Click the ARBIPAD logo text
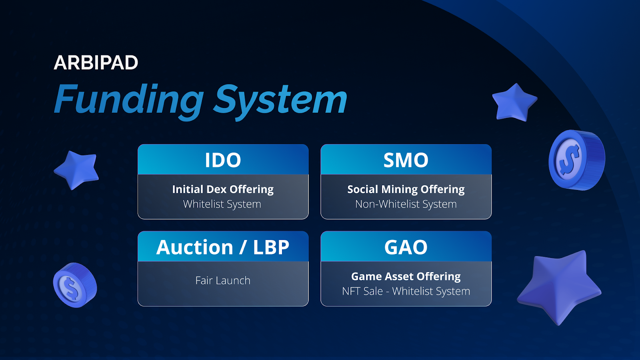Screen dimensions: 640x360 [96, 62]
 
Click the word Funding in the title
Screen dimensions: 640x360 [129, 102]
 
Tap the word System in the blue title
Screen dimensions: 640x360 [280, 102]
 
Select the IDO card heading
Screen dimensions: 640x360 [223, 160]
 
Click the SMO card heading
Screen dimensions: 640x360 [406, 160]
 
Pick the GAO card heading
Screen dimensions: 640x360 [406, 247]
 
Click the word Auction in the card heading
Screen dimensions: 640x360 [194, 247]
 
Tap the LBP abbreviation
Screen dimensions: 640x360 [271, 247]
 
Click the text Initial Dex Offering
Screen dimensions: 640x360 [223, 189]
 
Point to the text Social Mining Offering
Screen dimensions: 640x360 [406, 189]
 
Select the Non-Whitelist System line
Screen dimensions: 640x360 [406, 204]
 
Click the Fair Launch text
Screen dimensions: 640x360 [223, 280]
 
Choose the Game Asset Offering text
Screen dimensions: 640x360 [406, 276]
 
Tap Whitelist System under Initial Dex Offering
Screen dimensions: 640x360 [222, 204]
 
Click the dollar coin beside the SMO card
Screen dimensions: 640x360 [577, 160]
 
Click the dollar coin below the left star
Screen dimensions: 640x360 [75, 285]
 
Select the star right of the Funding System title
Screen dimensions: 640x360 [514, 102]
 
